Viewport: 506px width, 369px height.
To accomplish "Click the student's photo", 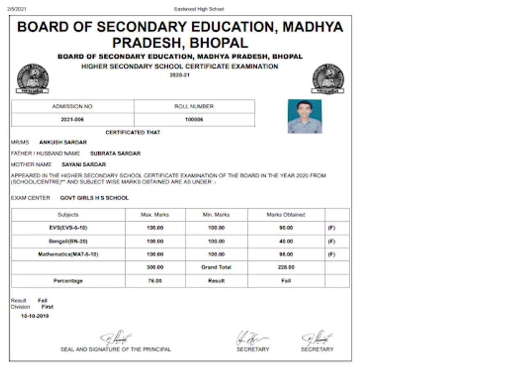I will coord(304,116).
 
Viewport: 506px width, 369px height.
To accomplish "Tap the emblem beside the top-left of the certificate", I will coord(32,79).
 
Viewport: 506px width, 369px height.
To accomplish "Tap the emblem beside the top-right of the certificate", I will coord(327,79).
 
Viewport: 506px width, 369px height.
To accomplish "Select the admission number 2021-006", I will coord(72,120).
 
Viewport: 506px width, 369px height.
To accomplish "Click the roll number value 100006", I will coord(194,120).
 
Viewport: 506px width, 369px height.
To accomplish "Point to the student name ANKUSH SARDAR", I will coord(63,142).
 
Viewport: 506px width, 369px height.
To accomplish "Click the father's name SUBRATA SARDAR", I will coord(115,153).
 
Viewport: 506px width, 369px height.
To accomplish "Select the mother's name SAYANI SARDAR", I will coord(84,164).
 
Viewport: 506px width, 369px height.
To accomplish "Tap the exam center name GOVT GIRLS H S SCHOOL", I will coord(94,198).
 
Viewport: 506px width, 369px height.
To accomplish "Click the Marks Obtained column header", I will coord(286,214).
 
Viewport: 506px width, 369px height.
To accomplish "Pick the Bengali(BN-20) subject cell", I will coord(68,241).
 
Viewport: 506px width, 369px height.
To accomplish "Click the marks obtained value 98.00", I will coord(286,254).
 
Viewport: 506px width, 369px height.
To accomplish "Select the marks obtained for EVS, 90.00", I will coord(286,228).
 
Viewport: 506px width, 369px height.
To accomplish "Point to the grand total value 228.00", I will coord(286,267).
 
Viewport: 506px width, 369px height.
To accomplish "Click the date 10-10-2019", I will coord(35,316).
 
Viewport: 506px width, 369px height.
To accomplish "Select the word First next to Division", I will coord(47,307).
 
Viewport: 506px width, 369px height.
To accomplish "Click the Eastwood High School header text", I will coord(199,9).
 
